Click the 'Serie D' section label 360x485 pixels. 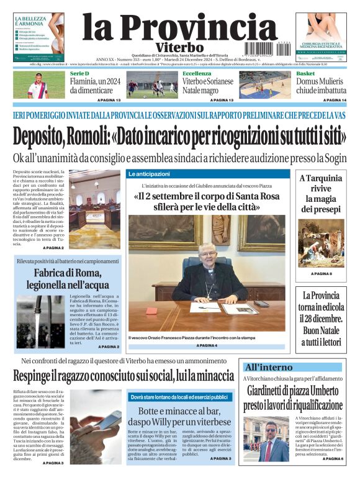[79, 74]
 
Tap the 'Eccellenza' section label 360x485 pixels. [197, 74]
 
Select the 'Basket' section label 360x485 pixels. [305, 74]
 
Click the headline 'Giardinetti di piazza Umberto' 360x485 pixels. [293, 398]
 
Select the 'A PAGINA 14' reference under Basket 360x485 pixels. [335, 100]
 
